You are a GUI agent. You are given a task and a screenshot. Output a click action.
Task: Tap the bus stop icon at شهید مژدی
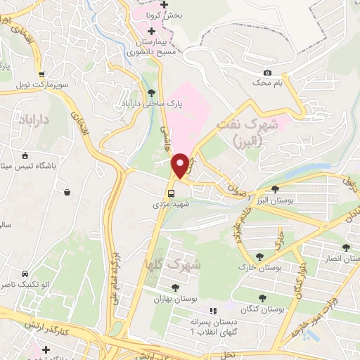click(170, 194)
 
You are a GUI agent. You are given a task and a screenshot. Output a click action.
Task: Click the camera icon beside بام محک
click(267, 73)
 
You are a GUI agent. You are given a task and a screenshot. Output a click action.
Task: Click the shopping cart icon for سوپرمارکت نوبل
click(41, 75)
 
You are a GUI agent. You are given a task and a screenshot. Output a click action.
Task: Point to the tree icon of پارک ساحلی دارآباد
click(152, 92)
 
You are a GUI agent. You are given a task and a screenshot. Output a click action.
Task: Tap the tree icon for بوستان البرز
click(275, 188)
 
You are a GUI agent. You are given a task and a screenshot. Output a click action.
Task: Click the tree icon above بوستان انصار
click(345, 247)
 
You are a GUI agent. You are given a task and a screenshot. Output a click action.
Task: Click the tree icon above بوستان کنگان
click(262, 298)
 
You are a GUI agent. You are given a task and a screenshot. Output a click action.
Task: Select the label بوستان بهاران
click(173, 299)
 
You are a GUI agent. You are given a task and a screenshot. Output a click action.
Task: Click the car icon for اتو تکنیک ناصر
click(25, 272)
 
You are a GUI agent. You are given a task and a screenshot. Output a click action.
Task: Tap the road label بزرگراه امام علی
click(116, 271)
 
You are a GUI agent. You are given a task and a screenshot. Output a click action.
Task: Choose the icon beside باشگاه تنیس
click(25, 156)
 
